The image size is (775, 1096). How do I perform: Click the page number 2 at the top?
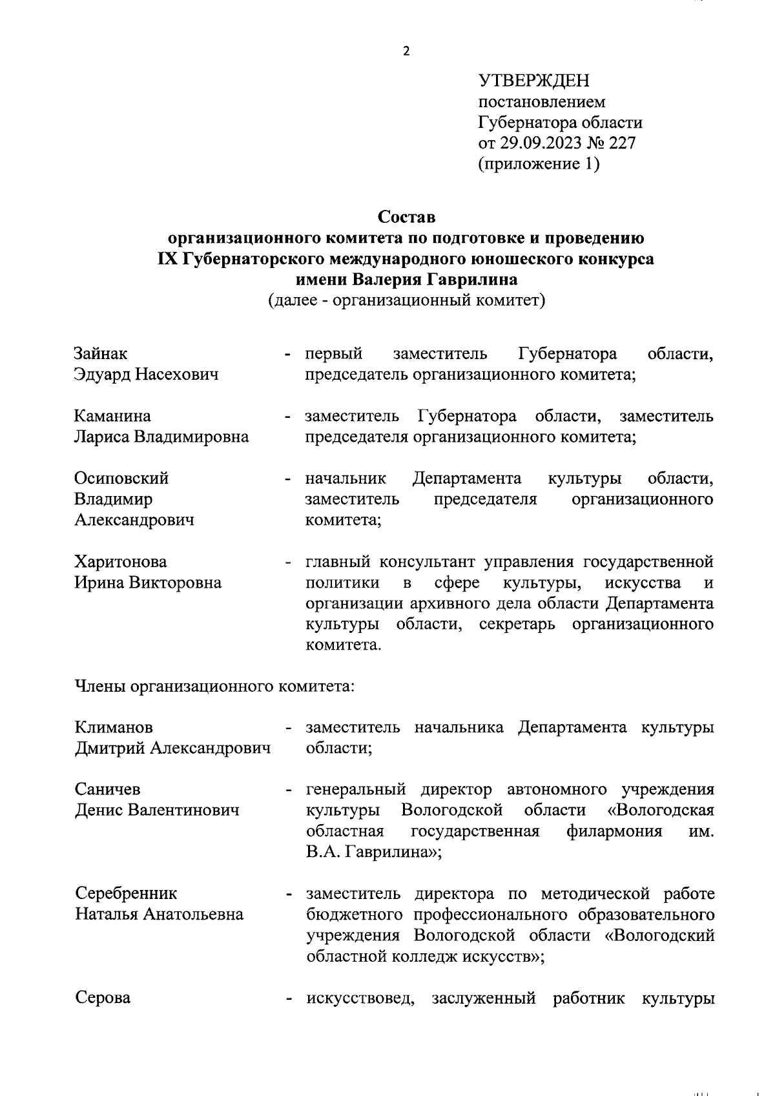tap(406, 52)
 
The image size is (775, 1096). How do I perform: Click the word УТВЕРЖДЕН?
tap(533, 81)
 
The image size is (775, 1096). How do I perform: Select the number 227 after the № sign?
tap(622, 143)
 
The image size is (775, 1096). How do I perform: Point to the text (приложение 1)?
tap(539, 164)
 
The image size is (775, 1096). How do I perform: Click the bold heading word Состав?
tap(407, 215)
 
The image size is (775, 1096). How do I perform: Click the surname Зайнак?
tap(101, 353)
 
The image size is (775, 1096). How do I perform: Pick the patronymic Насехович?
tap(176, 374)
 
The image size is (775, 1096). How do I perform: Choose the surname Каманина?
tap(112, 415)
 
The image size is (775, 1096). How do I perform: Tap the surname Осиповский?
tap(121, 478)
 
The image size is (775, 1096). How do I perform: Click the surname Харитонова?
tap(121, 561)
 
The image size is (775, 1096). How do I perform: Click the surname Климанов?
tap(114, 727)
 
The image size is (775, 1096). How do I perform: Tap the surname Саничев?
tap(108, 789)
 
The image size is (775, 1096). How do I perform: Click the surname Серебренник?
tap(126, 893)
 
